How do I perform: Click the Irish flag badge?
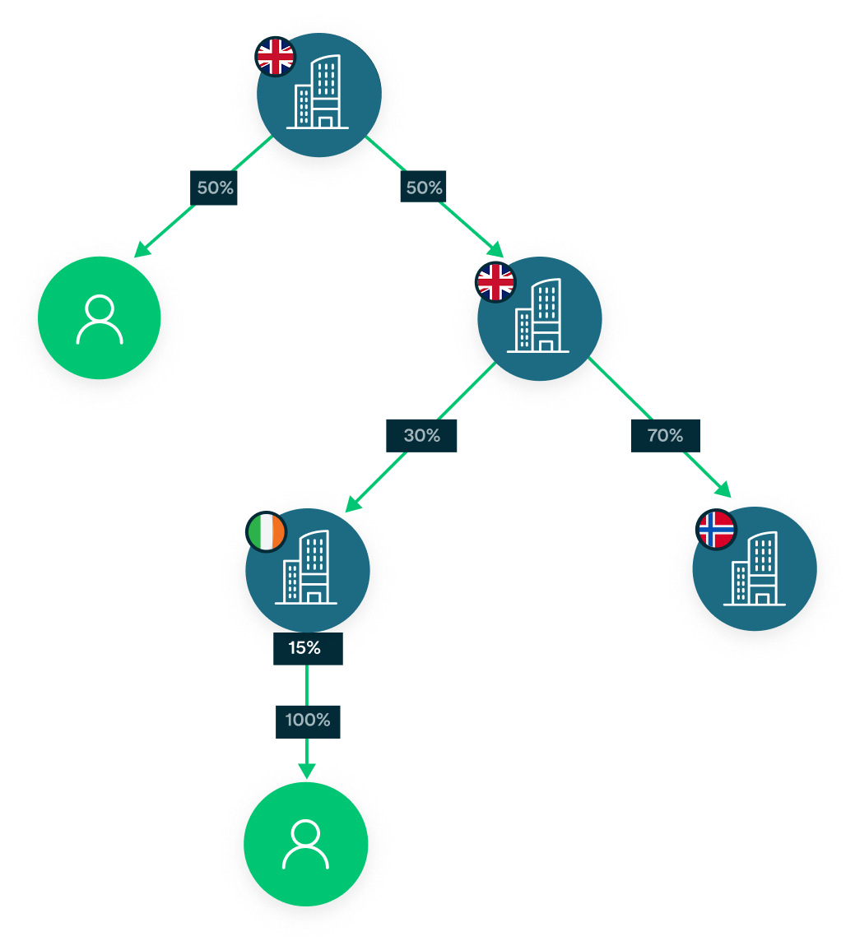(x=267, y=531)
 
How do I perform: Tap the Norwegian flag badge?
(x=716, y=530)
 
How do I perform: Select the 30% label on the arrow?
(x=421, y=435)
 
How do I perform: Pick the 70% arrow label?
(x=665, y=435)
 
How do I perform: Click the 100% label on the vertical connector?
(x=308, y=721)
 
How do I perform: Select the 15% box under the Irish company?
(x=307, y=648)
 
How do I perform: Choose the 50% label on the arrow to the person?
(x=215, y=188)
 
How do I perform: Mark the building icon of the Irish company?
(x=305, y=568)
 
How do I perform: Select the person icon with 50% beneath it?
(x=100, y=319)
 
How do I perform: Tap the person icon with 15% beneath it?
(x=305, y=844)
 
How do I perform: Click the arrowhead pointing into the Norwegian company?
(x=724, y=490)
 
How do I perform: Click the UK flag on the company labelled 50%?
(x=496, y=283)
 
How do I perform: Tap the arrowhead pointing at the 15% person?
(x=306, y=771)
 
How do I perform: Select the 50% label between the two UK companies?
(x=424, y=188)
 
